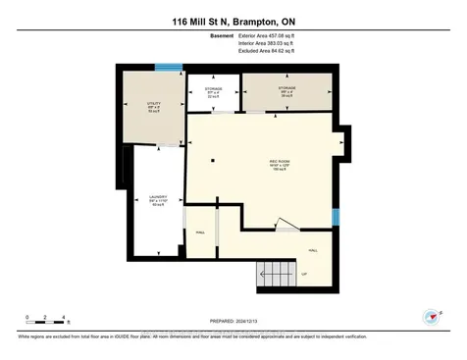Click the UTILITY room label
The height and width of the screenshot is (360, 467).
coord(152,105)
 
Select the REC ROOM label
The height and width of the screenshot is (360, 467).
coord(280,163)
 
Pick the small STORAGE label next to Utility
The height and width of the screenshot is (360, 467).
coord(213,91)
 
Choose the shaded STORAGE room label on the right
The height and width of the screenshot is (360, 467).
coord(285,89)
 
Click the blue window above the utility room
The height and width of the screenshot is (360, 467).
coord(168,68)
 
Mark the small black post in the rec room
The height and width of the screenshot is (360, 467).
coord(213,160)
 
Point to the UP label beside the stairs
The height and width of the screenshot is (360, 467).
coord(304,274)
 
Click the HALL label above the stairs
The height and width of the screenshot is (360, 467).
coord(314,251)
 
